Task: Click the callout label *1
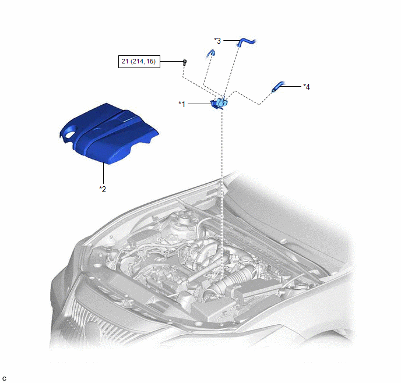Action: [x=182, y=104]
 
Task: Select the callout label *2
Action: [x=103, y=189]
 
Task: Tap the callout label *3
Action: [x=217, y=41]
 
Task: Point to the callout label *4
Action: [x=307, y=87]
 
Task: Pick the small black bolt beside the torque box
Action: [x=185, y=62]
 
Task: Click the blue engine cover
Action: [x=108, y=133]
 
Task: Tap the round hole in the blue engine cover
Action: [x=70, y=134]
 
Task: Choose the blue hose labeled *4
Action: [x=278, y=87]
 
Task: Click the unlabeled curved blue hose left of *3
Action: [x=210, y=54]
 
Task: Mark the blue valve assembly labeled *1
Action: [x=219, y=104]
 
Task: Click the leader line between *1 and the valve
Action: [x=199, y=104]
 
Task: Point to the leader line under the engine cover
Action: [x=103, y=173]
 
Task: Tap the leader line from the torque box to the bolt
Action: [x=171, y=61]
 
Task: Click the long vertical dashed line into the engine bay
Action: [x=221, y=194]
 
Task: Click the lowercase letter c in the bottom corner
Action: [x=4, y=379]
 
